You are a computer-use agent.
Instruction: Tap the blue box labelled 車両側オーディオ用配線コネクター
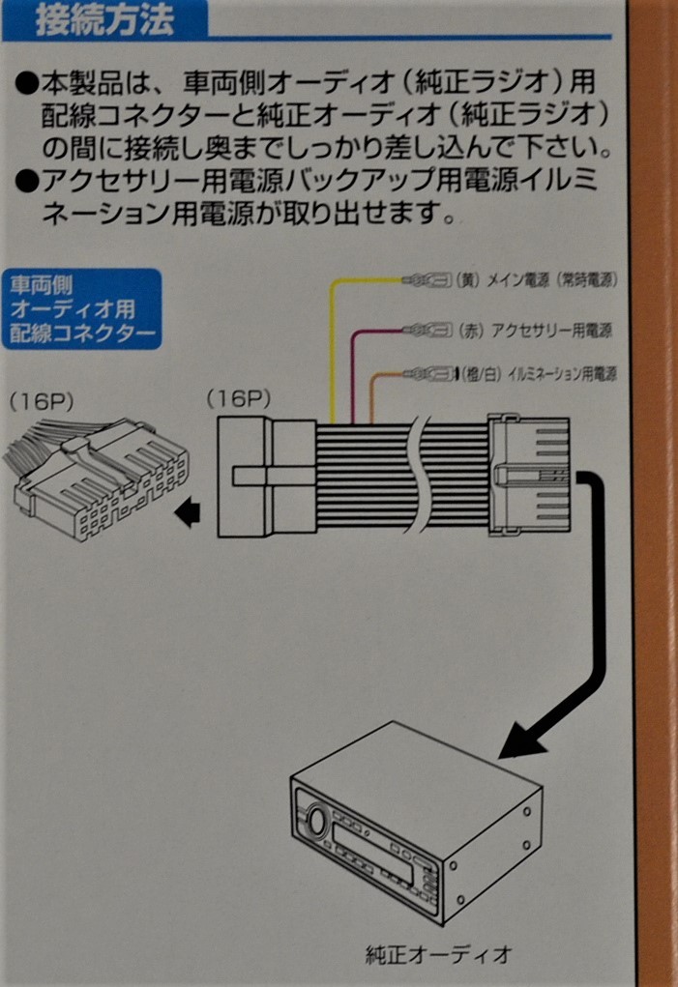tap(82, 310)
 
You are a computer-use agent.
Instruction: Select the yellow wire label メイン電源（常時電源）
tap(547, 280)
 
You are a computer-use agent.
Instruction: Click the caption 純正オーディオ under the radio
tap(437, 956)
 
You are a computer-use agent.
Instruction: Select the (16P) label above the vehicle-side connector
tap(41, 400)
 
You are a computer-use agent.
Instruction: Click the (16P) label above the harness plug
tap(239, 397)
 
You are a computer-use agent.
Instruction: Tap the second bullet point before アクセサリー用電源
tap(27, 180)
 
